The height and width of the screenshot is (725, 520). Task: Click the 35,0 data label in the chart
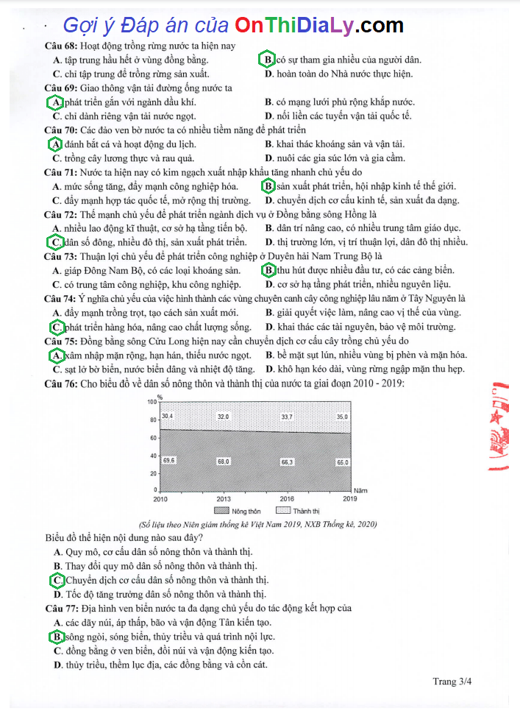pyautogui.click(x=343, y=416)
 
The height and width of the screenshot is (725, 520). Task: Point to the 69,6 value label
pyautogui.click(x=168, y=460)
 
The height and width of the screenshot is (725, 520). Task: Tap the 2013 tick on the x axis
pyautogui.click(x=223, y=499)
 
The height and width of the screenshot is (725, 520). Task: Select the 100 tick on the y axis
pyautogui.click(x=152, y=403)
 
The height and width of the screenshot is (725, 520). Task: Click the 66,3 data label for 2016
pyautogui.click(x=287, y=461)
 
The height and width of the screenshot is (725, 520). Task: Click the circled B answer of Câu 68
pyautogui.click(x=269, y=60)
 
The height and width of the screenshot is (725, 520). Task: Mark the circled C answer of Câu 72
pyautogui.click(x=55, y=242)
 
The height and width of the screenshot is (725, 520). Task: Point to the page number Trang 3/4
pyautogui.click(x=452, y=682)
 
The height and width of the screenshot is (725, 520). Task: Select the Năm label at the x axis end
pyautogui.click(x=360, y=489)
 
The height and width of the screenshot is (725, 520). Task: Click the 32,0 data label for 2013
pyautogui.click(x=223, y=416)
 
